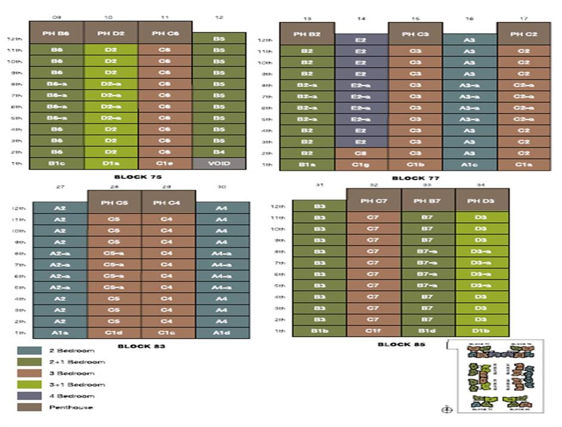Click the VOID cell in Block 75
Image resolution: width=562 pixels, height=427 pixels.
point(219,163)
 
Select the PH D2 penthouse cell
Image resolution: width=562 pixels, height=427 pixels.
point(111,33)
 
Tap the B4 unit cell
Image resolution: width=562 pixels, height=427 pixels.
point(219,152)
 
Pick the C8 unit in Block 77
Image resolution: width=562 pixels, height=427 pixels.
point(361,153)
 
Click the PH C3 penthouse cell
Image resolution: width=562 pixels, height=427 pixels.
point(415,34)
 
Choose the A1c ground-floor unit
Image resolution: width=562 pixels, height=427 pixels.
point(469,164)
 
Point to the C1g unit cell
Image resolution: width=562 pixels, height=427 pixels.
point(361,164)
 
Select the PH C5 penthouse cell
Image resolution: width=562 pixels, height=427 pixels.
point(114,202)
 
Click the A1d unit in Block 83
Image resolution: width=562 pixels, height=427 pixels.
point(222,333)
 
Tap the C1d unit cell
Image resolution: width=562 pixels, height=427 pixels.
point(114,333)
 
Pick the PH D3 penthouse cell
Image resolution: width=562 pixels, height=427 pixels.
point(482,201)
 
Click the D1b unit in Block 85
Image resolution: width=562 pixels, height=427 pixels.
point(482,331)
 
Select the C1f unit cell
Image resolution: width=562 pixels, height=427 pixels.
point(373,331)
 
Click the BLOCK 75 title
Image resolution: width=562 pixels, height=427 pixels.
point(138,177)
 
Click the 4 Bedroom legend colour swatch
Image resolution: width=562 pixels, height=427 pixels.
point(29,396)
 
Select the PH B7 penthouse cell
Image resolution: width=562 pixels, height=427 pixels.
point(427,201)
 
